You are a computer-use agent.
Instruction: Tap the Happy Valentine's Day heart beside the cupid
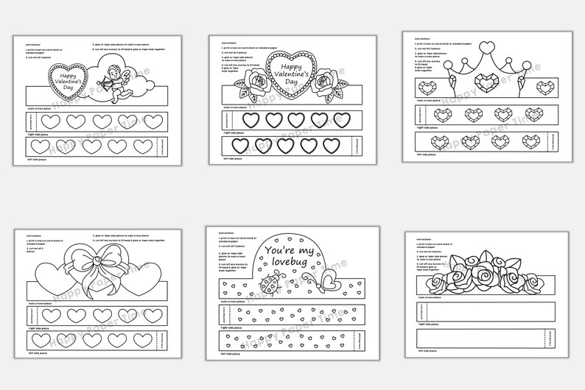pyautogui.click(x=67, y=82)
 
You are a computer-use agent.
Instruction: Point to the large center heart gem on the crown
pyautogui.click(x=484, y=79)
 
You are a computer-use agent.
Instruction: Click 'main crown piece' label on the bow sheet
pyautogui.click(x=40, y=301)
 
